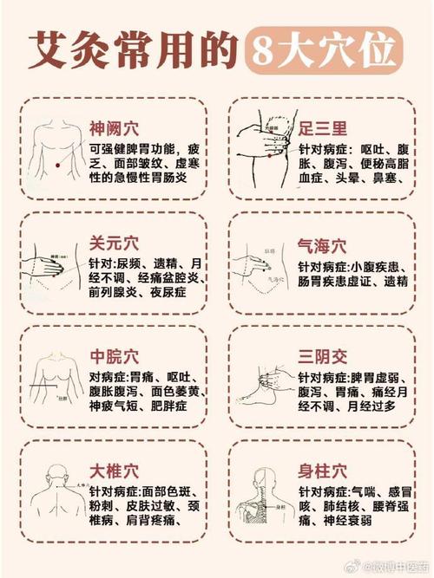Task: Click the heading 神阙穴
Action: pyautogui.click(x=114, y=128)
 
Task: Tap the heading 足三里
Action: pyautogui.click(x=322, y=128)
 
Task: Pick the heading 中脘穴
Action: pyautogui.click(x=114, y=357)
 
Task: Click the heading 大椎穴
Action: pyautogui.click(x=114, y=471)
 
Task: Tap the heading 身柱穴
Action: pyautogui.click(x=322, y=471)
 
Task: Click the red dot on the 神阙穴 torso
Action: pyautogui.click(x=55, y=164)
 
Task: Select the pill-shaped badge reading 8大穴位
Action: pyautogui.click(x=322, y=51)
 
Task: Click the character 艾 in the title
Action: pyautogui.click(x=49, y=51)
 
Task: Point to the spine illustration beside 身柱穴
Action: pyautogui.click(x=263, y=499)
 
